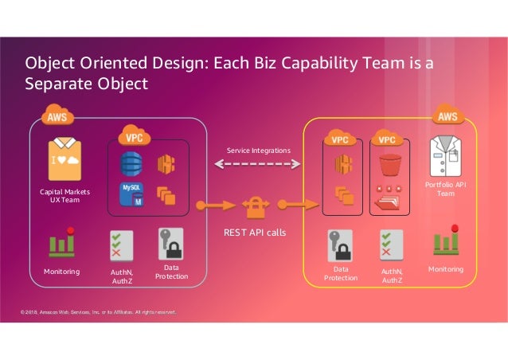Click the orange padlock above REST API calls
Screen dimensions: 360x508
(x=256, y=206)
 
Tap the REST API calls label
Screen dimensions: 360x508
(x=256, y=233)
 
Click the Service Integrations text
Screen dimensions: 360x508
(x=259, y=151)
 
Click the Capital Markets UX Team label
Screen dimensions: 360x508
(x=64, y=195)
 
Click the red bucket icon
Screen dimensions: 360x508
(x=390, y=166)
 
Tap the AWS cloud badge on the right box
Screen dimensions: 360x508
(x=447, y=116)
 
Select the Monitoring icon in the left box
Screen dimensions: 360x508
(x=61, y=244)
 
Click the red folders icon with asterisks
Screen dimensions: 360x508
(x=390, y=200)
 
